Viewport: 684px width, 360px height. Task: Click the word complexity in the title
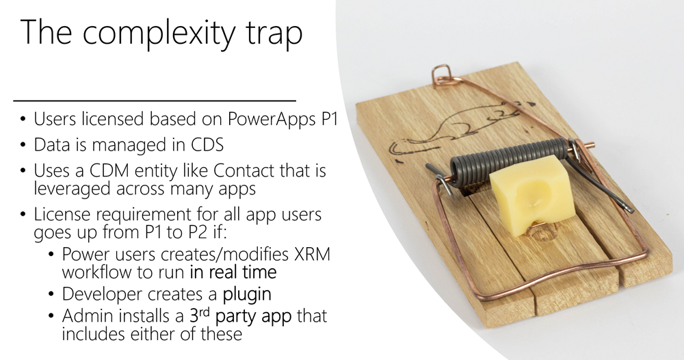159,34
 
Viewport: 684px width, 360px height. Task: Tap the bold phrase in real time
233,272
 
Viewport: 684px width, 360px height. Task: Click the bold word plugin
247,294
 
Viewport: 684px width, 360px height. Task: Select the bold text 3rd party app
240,316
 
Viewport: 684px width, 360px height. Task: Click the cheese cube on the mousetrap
531,195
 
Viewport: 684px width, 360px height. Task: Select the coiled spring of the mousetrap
509,160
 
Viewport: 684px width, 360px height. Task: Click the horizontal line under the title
155,101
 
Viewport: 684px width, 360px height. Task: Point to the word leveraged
73,189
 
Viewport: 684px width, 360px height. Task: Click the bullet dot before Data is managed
23,145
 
